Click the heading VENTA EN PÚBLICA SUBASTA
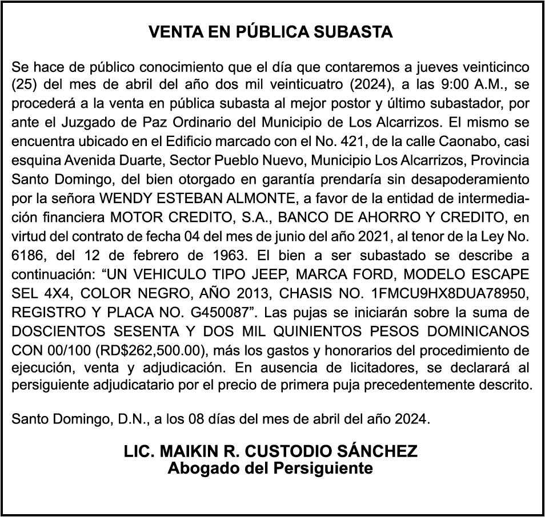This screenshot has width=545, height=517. coord(271,32)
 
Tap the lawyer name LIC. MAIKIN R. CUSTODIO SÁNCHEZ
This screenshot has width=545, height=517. coord(271,451)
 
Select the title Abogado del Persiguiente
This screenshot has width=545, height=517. coord(271,468)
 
